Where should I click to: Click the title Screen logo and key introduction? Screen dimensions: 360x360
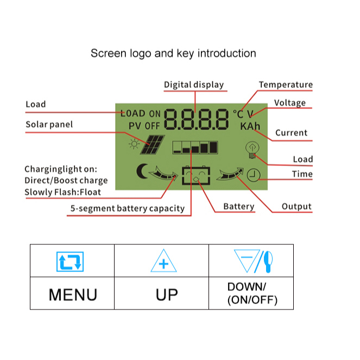(173, 53)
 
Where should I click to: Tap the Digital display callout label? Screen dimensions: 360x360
(194, 85)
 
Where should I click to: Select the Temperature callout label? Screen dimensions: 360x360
(286, 85)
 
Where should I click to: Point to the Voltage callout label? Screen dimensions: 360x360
(290, 103)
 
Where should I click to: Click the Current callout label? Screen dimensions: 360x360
(291, 133)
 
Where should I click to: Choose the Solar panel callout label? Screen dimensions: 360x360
(49, 125)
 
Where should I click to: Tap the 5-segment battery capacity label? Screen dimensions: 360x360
(128, 209)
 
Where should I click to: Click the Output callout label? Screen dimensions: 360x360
(296, 206)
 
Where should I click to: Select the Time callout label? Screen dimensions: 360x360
(302, 174)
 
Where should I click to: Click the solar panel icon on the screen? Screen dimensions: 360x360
(154, 144)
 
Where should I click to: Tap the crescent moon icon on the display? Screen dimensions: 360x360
(142, 172)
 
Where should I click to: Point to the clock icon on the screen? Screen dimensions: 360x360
(252, 174)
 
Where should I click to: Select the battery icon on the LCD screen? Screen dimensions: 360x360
(196, 176)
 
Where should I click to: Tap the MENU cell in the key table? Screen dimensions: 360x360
(73, 294)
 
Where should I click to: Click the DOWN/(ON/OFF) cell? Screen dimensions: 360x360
(251, 293)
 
